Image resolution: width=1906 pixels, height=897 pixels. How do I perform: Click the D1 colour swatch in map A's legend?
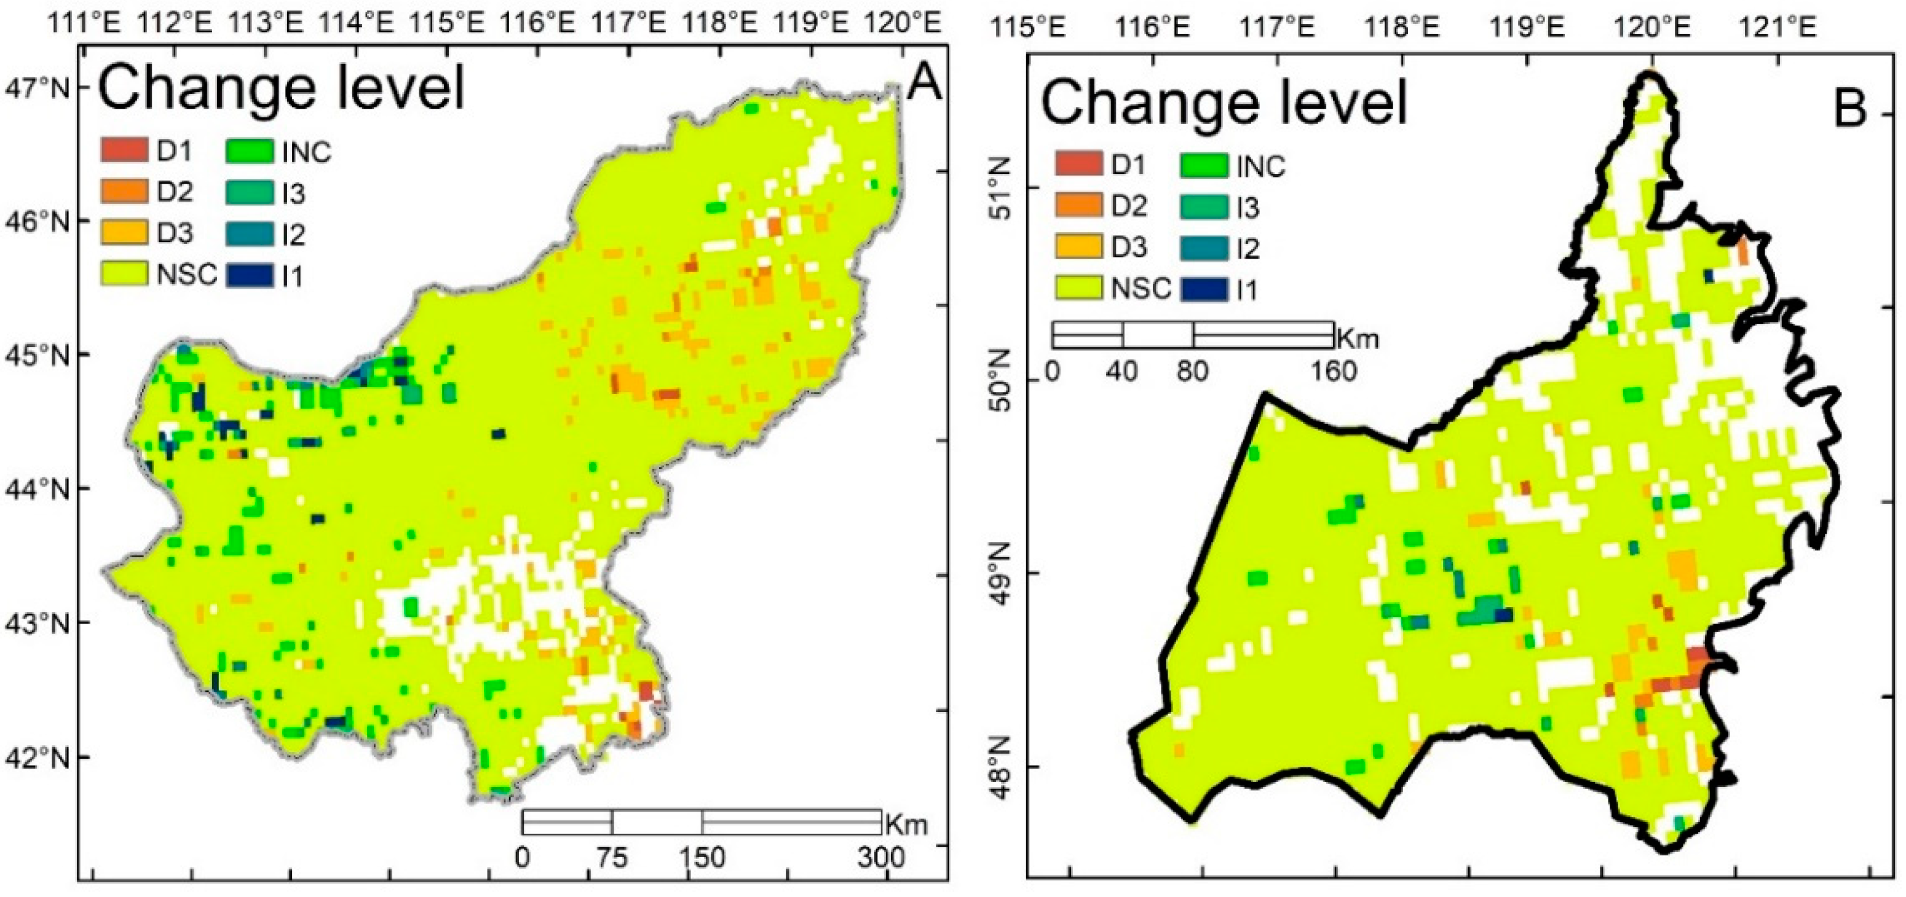click(124, 151)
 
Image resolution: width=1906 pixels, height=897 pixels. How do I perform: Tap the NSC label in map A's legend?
click(186, 275)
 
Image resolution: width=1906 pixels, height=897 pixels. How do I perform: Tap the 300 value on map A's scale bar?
click(881, 858)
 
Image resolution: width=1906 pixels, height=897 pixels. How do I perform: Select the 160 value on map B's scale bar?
click(1334, 370)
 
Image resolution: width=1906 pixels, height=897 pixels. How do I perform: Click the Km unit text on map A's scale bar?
click(906, 824)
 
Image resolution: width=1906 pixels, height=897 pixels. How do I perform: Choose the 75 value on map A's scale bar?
click(611, 858)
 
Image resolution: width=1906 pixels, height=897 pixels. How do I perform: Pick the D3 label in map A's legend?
click(175, 233)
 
